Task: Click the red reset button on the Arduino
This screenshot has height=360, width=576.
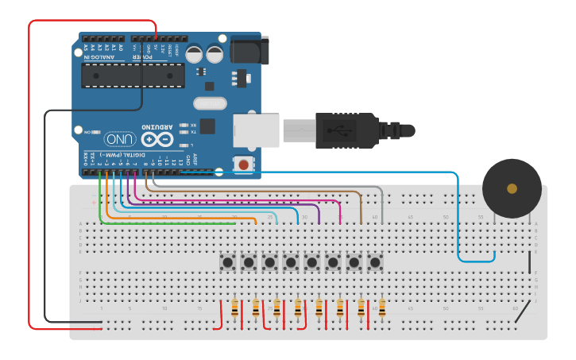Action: [x=242, y=165]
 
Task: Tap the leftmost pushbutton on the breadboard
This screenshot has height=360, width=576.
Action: [x=228, y=261]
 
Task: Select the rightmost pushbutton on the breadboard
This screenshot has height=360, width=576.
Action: [x=375, y=261]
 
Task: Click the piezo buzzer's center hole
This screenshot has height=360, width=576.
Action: [x=512, y=188]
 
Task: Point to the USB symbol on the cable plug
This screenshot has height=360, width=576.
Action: [x=340, y=130]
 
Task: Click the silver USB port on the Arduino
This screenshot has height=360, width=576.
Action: [x=256, y=130]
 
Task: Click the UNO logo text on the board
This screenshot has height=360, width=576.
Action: [x=119, y=138]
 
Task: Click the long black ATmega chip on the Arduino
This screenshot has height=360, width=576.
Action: [x=133, y=75]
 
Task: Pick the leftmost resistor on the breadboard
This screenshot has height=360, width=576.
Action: [x=234, y=308]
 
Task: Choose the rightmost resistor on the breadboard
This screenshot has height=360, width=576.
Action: [x=382, y=308]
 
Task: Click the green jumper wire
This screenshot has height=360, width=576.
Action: [x=159, y=223]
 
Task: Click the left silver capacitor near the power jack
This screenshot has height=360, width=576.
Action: [x=195, y=53]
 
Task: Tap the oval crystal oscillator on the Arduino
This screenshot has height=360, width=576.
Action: [x=210, y=103]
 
